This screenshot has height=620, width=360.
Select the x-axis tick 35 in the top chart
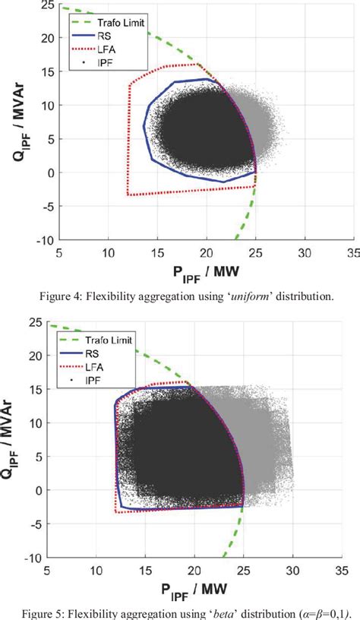point(353,252)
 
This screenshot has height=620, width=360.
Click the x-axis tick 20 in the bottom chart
point(194,570)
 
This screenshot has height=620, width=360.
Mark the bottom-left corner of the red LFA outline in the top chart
point(128,195)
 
